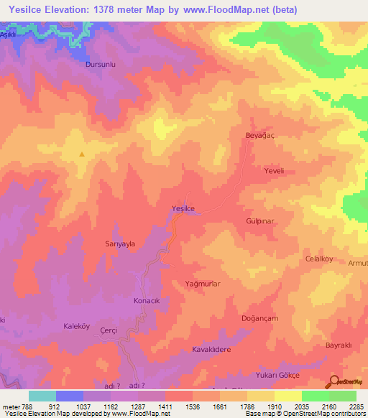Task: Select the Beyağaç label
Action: pyautogui.click(x=260, y=135)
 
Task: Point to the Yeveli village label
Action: pyautogui.click(x=275, y=171)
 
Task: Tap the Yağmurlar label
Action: pyautogui.click(x=202, y=284)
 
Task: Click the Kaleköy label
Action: pyautogui.click(x=77, y=325)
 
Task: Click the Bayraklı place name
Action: pyautogui.click(x=337, y=345)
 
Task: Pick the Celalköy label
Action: pyautogui.click(x=321, y=259)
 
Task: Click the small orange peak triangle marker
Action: pyautogui.click(x=82, y=154)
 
